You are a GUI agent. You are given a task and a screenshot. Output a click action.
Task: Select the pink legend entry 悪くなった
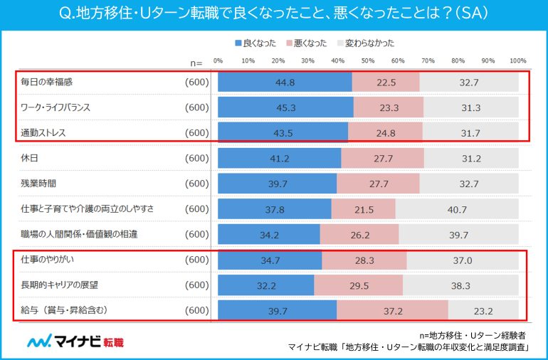pos(307,43)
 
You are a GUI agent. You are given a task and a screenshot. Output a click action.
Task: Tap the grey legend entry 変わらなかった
pos(364,43)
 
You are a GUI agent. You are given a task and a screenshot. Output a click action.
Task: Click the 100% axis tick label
pos(518,60)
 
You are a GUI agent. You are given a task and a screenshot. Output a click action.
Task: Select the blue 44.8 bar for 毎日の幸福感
pos(285,82)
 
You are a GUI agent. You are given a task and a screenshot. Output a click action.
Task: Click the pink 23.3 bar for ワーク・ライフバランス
pos(388,107)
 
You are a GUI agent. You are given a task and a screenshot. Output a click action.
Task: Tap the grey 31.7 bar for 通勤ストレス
pos(470,133)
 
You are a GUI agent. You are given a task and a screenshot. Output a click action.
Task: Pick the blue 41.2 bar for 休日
pos(279,158)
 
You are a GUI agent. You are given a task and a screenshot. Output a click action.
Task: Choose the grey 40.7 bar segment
pos(456,209)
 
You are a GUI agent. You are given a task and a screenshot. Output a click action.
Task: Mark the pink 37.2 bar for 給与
pos(392,311)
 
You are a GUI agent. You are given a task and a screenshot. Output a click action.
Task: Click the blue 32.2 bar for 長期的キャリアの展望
pos(265,285)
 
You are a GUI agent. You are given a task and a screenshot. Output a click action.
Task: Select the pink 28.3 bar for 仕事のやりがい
pos(364,260)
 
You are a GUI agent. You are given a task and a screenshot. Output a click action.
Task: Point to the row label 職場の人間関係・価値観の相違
pos(78,234)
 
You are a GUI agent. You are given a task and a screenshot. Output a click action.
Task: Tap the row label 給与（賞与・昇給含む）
pos(65,311)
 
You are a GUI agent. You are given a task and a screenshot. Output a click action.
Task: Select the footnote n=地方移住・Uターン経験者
pos(473,334)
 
